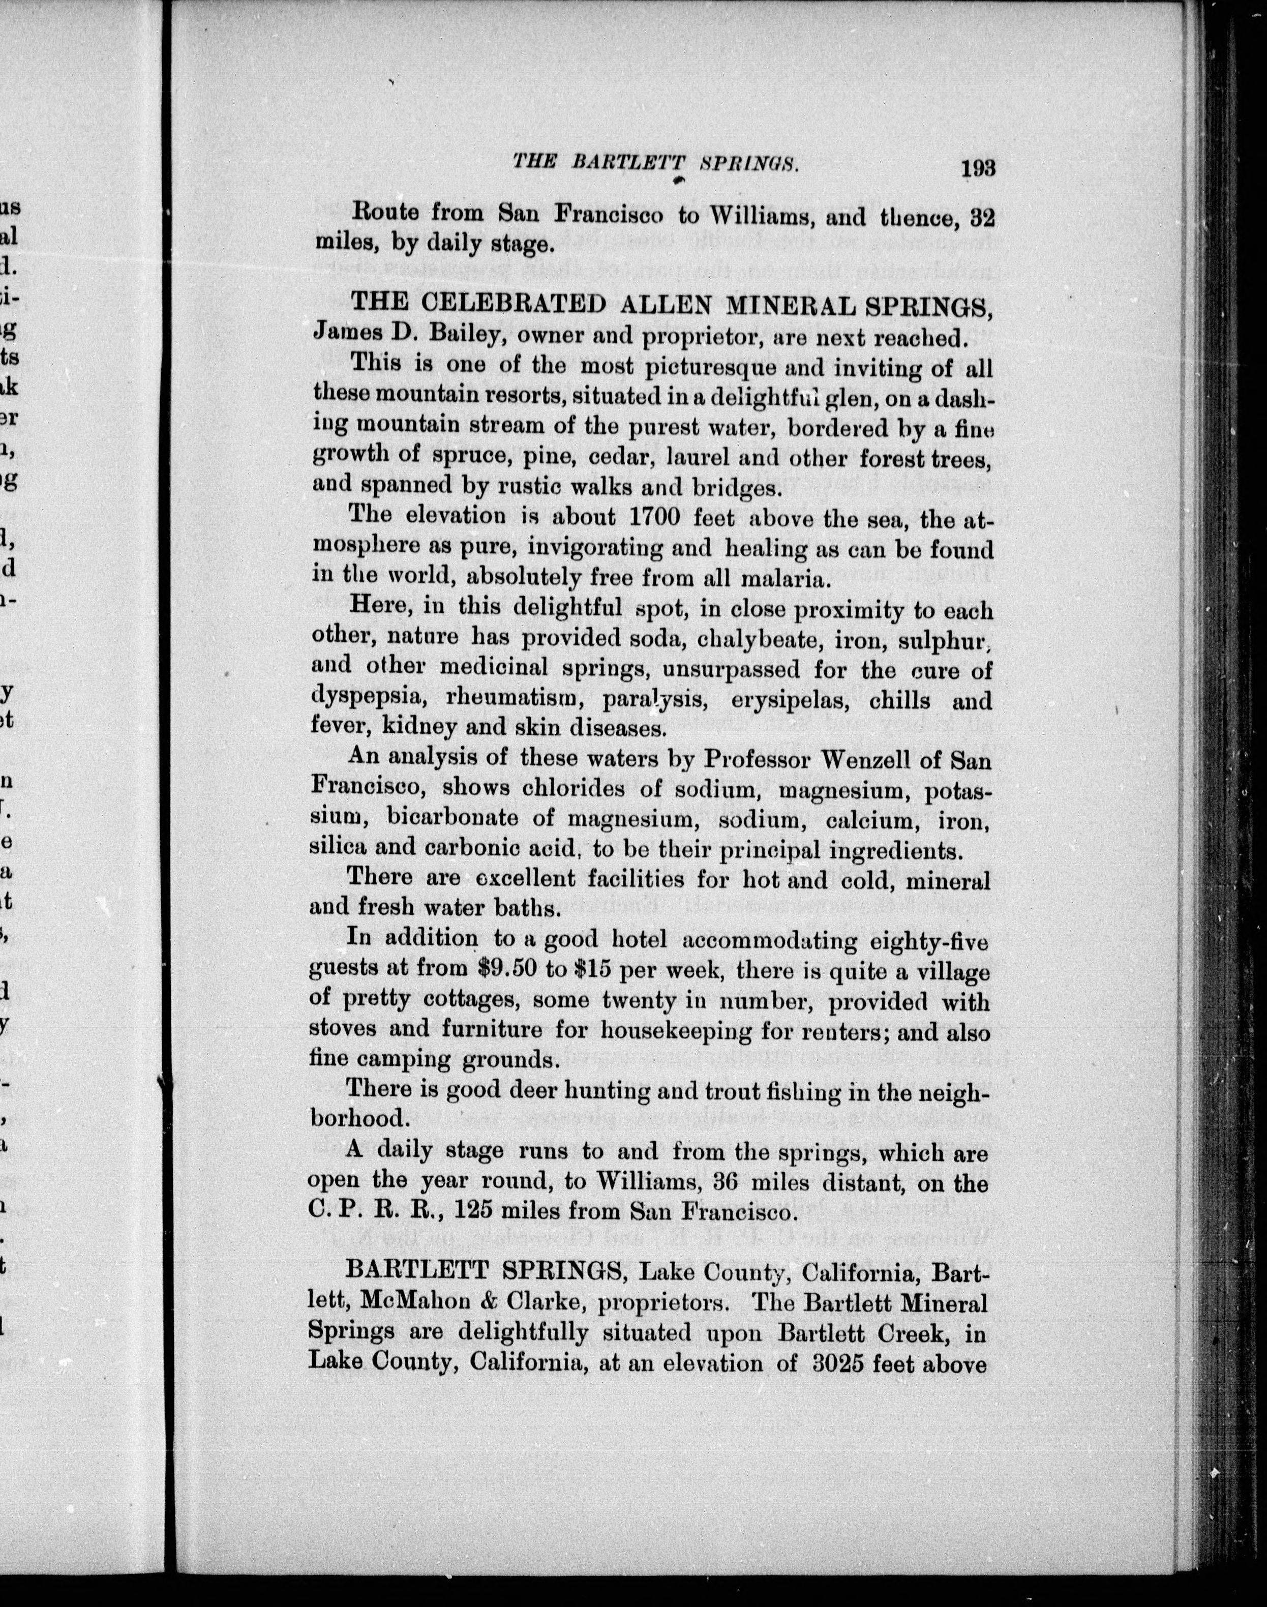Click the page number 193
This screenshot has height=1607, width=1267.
pyautogui.click(x=977, y=168)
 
